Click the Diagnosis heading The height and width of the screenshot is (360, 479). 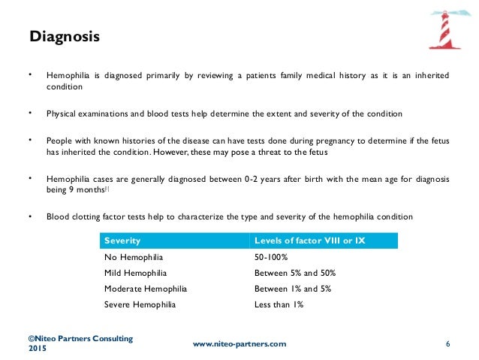tap(64, 35)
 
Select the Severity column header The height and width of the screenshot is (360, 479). tap(122, 241)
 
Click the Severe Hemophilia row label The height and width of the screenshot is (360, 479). tap(139, 304)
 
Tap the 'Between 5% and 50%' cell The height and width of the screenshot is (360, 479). tap(294, 273)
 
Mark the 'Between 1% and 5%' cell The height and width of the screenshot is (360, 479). tap(291, 289)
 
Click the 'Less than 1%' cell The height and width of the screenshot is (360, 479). tap(279, 304)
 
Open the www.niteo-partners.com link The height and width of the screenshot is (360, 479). tap(239, 343)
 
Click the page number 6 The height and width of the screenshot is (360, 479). tap(447, 343)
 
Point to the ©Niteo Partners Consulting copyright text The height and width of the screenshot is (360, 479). tap(80, 338)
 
